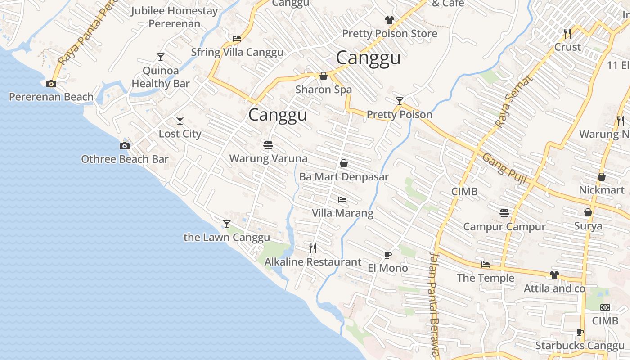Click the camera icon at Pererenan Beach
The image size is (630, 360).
click(51, 84)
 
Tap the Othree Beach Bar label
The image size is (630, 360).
click(125, 159)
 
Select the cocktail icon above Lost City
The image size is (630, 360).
click(180, 121)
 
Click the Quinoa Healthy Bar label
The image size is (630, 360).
click(161, 77)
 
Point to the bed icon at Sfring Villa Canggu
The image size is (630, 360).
click(237, 39)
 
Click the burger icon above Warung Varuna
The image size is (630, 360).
click(268, 145)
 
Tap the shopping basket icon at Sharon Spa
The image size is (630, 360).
click(323, 76)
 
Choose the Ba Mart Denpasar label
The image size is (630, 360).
click(344, 177)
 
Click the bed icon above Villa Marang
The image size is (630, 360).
click(342, 200)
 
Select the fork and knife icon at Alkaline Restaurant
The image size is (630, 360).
click(313, 248)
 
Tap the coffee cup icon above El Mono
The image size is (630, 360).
click(387, 255)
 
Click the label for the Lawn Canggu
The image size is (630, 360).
click(227, 238)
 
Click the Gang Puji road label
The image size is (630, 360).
click(504, 169)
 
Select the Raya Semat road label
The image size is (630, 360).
click(513, 101)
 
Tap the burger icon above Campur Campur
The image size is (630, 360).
click(504, 213)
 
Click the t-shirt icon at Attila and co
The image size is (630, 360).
click(554, 275)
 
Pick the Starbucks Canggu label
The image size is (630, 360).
click(580, 346)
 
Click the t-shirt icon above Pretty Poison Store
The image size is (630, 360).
click(389, 20)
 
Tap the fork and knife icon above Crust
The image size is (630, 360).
click(567, 33)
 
